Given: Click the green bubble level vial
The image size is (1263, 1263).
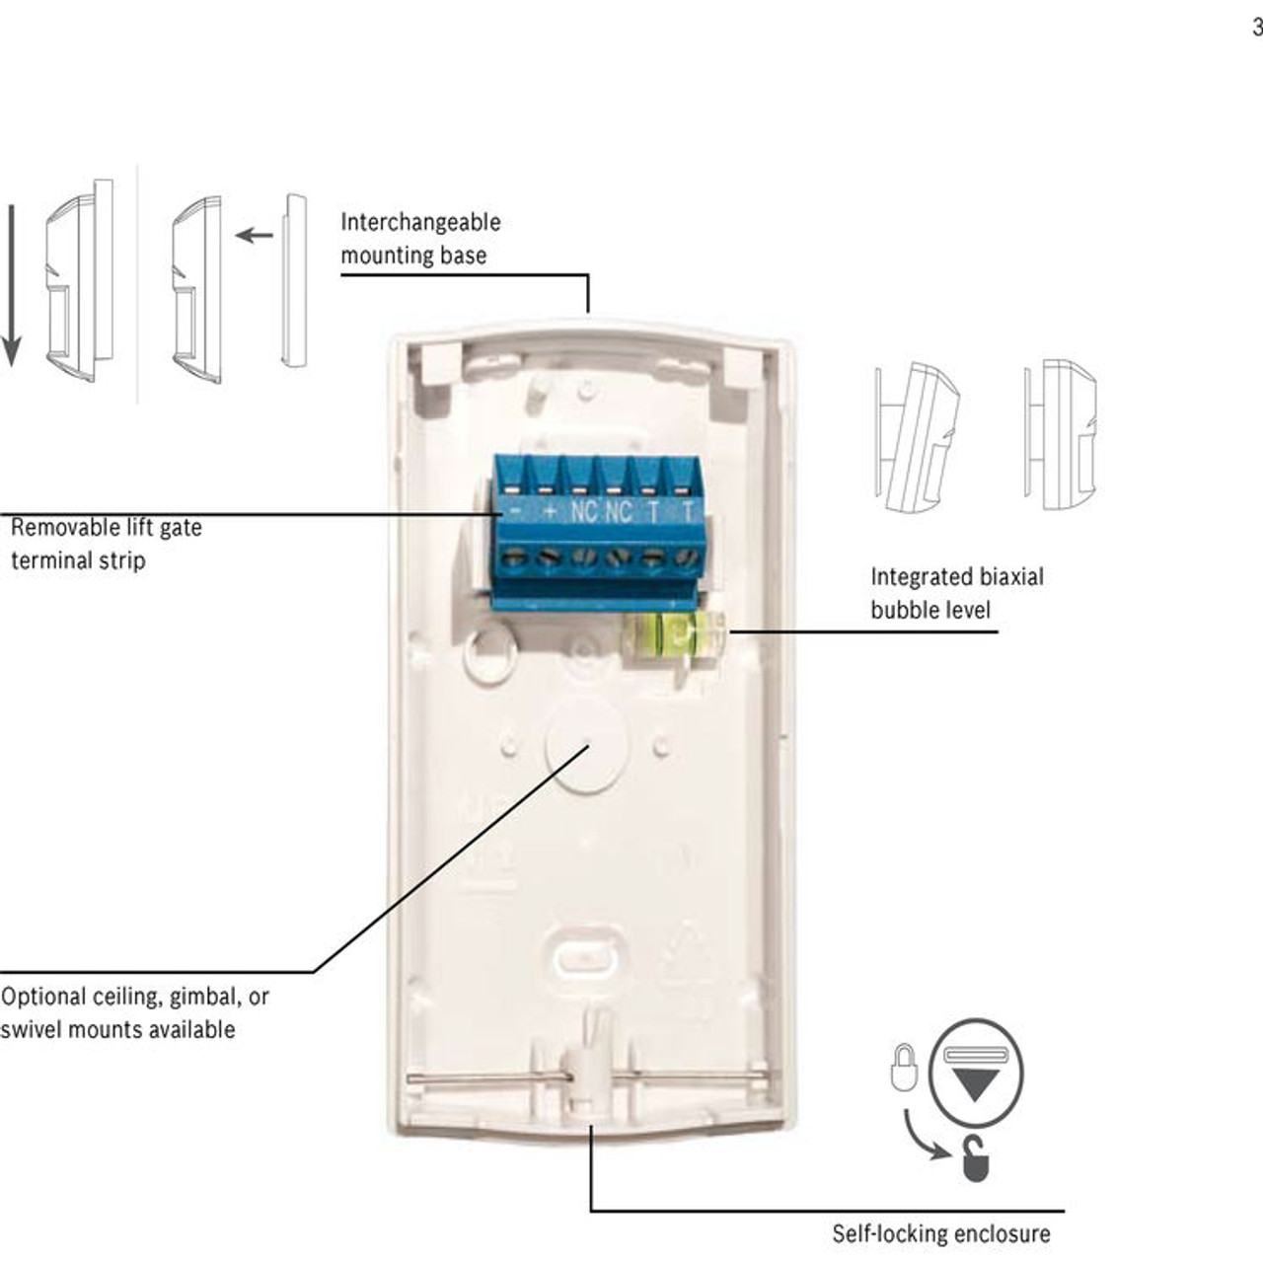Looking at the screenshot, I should click(x=674, y=634).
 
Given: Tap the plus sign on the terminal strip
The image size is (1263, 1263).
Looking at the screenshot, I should click(x=550, y=512).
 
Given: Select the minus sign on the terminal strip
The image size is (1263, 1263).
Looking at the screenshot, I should click(x=514, y=512).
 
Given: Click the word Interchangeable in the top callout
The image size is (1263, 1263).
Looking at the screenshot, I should click(x=420, y=222).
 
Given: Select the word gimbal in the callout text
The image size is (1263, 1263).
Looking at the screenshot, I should click(x=204, y=998).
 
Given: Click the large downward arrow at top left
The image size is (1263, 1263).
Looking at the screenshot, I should click(x=11, y=286).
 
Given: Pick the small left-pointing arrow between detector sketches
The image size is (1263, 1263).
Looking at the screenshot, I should click(x=255, y=235).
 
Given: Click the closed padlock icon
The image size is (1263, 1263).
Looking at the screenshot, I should click(x=904, y=1069).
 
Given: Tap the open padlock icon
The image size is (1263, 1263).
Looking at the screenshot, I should click(x=975, y=1159).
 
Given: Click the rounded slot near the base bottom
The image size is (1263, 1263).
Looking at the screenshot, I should click(x=589, y=956).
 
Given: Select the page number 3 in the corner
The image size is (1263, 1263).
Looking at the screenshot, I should click(x=1256, y=28).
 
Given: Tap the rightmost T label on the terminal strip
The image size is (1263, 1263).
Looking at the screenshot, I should click(x=688, y=512).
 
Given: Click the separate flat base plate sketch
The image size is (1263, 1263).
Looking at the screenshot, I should click(x=293, y=280).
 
